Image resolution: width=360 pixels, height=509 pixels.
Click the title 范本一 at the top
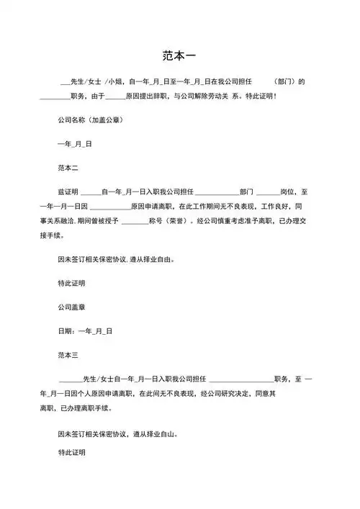tap(180, 55)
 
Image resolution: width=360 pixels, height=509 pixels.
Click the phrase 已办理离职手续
tap(85, 408)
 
